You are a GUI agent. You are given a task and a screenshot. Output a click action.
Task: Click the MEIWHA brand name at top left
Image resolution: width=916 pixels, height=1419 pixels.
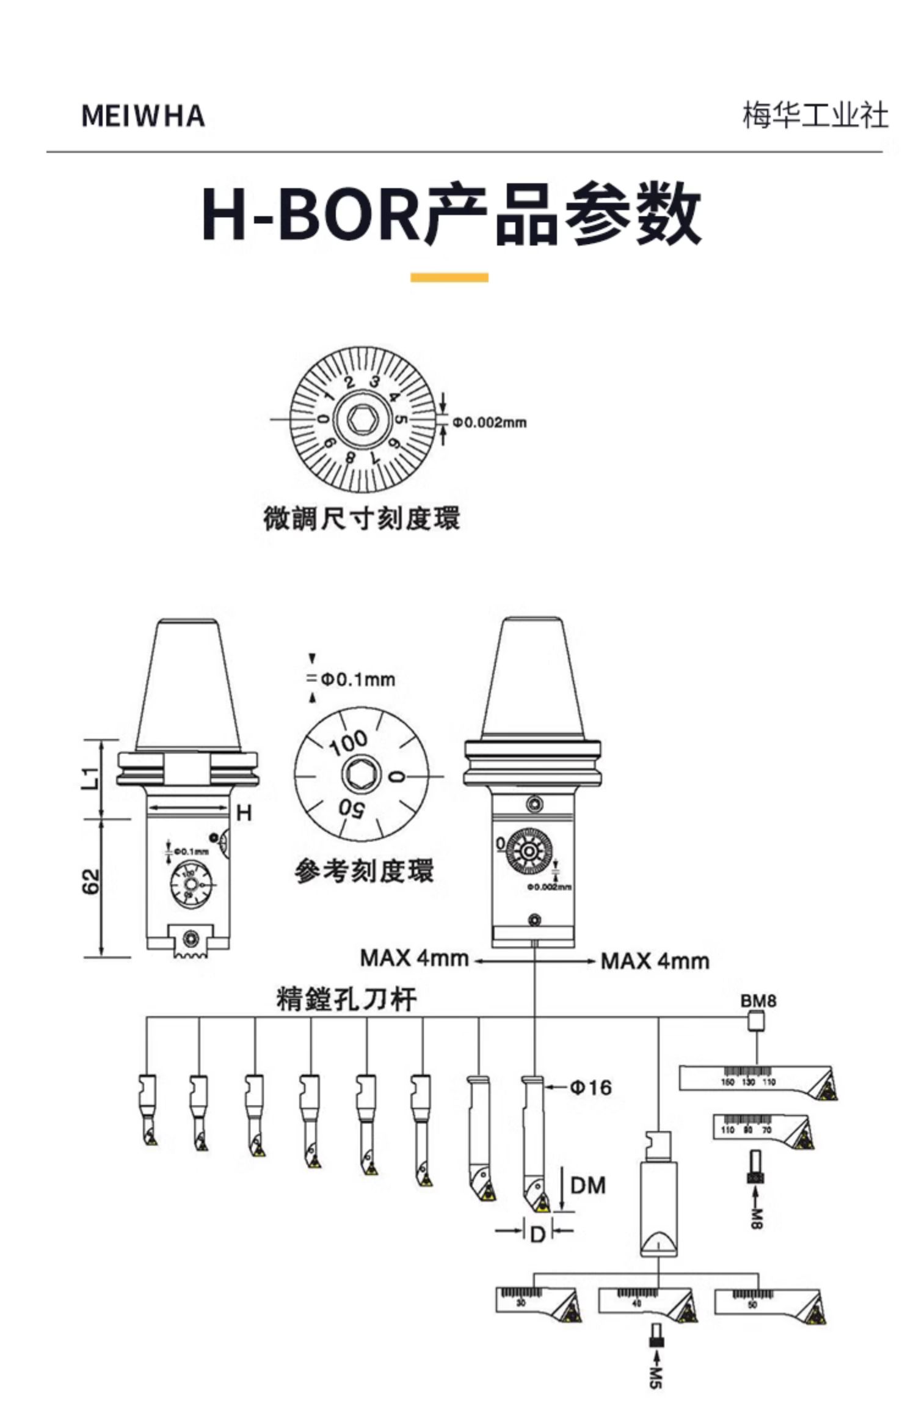tap(143, 116)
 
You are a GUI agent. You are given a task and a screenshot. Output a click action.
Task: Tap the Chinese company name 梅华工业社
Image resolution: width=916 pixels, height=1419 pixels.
tap(815, 116)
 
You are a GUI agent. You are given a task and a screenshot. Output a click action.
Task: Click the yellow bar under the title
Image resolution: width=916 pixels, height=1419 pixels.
tap(449, 277)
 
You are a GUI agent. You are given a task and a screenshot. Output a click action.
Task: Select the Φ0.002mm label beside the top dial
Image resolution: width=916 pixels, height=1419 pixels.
tap(489, 422)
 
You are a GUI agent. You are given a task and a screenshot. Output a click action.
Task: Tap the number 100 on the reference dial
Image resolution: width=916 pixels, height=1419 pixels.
tap(349, 743)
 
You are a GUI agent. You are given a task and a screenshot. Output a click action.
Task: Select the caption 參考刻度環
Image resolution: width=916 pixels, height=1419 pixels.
tap(365, 871)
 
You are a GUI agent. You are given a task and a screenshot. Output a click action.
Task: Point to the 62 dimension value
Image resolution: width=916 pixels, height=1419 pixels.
tap(91, 881)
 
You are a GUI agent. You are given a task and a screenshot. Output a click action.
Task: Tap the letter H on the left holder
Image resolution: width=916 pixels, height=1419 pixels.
tap(244, 813)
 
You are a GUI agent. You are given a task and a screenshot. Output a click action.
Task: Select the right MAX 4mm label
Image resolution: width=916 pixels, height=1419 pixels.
tap(655, 961)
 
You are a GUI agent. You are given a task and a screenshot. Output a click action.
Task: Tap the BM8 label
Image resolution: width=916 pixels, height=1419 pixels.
tap(758, 1001)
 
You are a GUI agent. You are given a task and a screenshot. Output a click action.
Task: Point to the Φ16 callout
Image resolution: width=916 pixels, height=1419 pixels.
tap(591, 1088)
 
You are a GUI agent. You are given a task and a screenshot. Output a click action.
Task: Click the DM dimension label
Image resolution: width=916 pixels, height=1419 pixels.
tap(587, 1186)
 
